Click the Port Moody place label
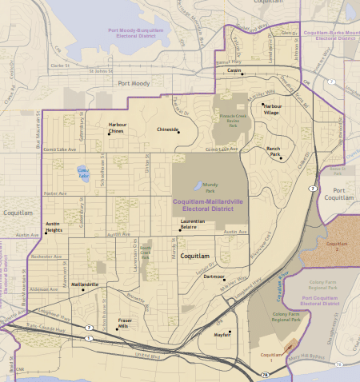tap(134, 83)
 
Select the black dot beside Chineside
tap(178, 132)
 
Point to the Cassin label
tap(234, 70)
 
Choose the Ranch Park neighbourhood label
tap(274, 149)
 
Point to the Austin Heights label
tap(54, 226)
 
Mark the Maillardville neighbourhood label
tap(86, 284)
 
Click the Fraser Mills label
tap(124, 324)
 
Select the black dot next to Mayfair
tap(230, 332)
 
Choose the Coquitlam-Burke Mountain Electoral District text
tap(330, 35)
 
